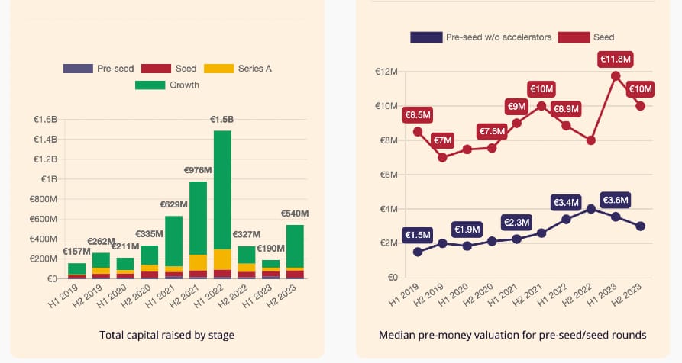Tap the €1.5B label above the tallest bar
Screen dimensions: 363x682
click(x=223, y=119)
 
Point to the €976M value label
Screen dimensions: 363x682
click(x=197, y=170)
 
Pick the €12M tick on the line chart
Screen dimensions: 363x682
click(x=386, y=72)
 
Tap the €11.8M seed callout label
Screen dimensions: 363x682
click(x=616, y=58)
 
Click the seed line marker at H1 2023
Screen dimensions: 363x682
click(x=616, y=75)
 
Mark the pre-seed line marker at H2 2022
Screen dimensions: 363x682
click(x=590, y=208)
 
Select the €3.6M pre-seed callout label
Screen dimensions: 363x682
click(x=616, y=200)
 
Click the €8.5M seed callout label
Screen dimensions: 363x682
click(x=418, y=115)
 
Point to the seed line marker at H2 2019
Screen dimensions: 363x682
click(x=442, y=157)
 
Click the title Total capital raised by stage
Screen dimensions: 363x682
click(x=166, y=334)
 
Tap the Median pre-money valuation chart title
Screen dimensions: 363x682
click(x=512, y=334)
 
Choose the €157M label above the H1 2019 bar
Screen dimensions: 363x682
click(x=76, y=252)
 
